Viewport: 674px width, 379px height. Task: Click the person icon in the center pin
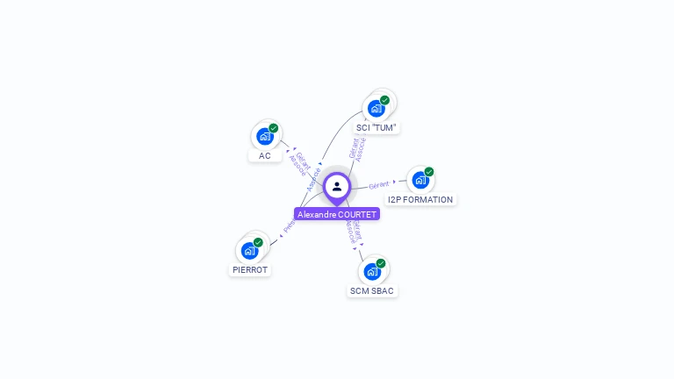tap(337, 186)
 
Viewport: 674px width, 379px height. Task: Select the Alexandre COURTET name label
tap(337, 214)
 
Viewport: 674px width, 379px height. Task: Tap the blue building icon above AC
tap(265, 137)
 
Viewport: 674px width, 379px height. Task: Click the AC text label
tap(265, 156)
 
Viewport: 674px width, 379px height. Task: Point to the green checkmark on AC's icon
tap(274, 128)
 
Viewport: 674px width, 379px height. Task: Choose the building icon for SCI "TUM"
tap(376, 109)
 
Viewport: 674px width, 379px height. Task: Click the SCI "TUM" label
tap(376, 127)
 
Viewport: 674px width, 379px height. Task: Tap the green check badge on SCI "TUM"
tap(385, 100)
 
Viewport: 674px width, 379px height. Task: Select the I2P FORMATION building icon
tap(420, 181)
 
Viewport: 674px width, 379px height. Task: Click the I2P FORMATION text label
tap(420, 199)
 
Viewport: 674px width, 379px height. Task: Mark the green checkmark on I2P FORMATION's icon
tap(429, 172)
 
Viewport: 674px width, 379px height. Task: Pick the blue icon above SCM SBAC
tap(372, 272)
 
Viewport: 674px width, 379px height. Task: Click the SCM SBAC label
tap(372, 290)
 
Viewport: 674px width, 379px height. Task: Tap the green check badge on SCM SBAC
tap(381, 263)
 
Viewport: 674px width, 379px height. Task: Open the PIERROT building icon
tap(250, 251)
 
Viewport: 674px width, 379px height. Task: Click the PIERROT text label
tap(250, 270)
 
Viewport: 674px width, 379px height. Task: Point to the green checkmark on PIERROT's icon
tap(258, 242)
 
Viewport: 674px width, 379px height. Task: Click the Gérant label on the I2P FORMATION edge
tap(379, 185)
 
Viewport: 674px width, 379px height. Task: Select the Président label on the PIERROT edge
tap(290, 225)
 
